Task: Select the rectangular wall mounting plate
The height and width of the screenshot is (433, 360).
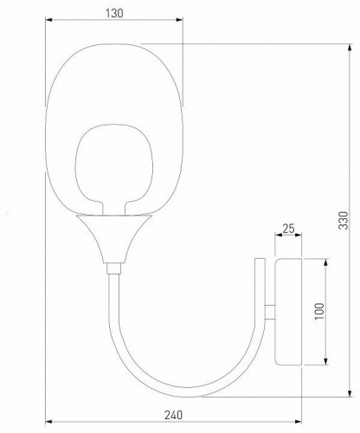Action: [x=287, y=311]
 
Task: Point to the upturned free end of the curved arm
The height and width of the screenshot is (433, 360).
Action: [x=260, y=260]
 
